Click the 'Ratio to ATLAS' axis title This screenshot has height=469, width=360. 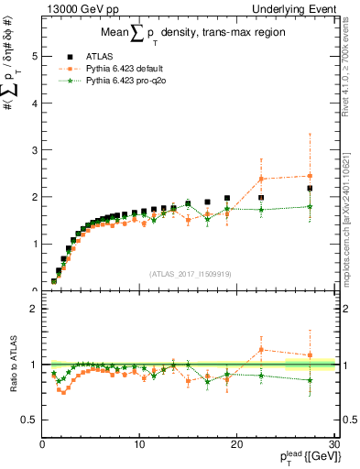[12, 365]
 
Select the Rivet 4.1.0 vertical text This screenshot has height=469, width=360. [348, 73]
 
